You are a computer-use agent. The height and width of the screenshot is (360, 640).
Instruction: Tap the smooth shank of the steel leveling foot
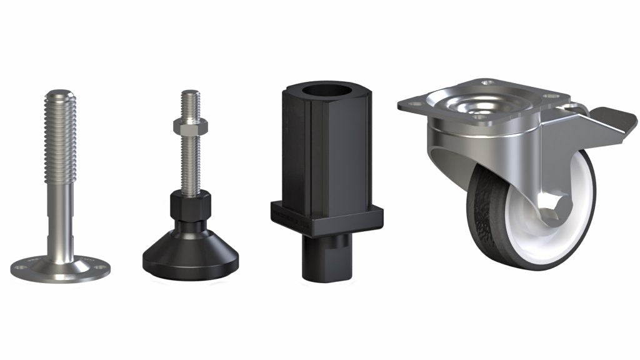[x=61, y=219]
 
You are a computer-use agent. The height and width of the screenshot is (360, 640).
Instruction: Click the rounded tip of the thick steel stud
[x=61, y=94]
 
